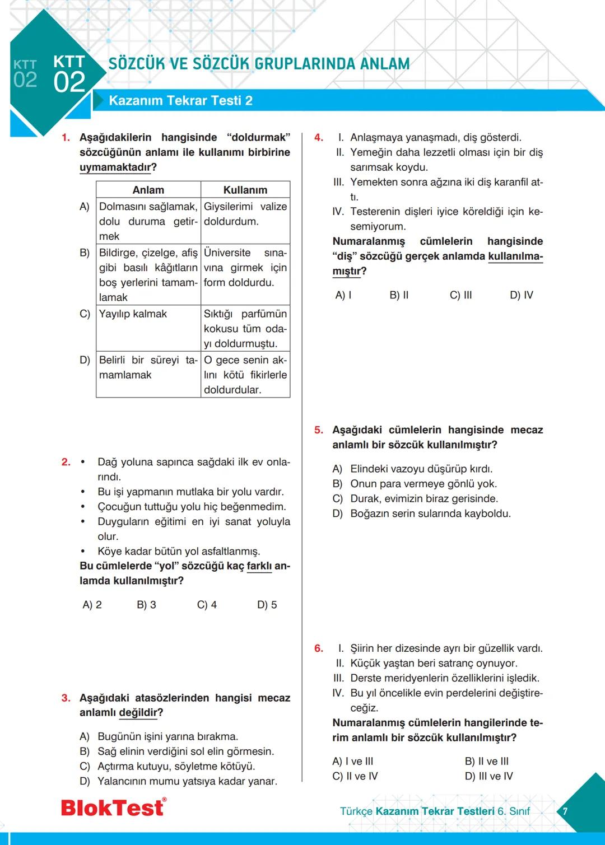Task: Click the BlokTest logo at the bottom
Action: click(114, 807)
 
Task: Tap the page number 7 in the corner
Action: click(565, 811)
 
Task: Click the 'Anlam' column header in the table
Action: click(148, 190)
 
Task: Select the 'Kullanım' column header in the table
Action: click(245, 190)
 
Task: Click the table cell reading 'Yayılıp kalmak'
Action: click(133, 314)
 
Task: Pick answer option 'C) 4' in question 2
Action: click(207, 605)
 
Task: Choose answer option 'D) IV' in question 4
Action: click(522, 295)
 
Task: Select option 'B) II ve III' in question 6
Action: click(487, 762)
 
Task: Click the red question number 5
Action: click(319, 430)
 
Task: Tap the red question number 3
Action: click(66, 698)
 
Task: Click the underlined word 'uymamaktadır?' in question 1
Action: click(118, 167)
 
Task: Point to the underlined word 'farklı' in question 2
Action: click(259, 566)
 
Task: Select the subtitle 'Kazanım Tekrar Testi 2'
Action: click(180, 101)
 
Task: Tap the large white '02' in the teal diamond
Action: click(69, 82)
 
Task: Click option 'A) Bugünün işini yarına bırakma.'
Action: click(159, 736)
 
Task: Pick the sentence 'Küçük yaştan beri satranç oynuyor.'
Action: click(433, 664)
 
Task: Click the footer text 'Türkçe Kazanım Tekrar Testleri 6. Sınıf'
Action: click(435, 811)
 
